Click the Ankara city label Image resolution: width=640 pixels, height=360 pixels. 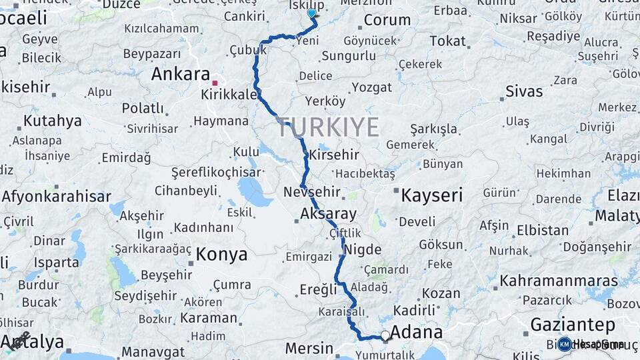180,74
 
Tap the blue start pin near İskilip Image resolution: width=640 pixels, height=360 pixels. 311,13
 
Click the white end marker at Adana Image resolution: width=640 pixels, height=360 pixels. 385,335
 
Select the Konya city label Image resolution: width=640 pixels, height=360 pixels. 221,254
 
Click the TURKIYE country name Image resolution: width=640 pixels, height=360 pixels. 328,127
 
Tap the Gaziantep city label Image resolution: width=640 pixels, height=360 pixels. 572,325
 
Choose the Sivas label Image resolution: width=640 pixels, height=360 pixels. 524,91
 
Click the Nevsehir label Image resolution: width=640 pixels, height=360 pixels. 312,193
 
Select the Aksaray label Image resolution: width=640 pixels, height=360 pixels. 328,214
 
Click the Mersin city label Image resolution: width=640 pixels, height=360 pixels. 309,347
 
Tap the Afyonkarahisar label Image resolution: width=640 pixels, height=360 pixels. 56,196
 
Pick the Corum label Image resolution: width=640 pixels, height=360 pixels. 387,20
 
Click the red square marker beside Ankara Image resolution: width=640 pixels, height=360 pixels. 215,83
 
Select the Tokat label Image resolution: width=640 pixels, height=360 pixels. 447,41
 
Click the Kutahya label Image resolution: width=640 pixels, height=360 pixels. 53,121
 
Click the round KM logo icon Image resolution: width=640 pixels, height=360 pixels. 565,344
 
